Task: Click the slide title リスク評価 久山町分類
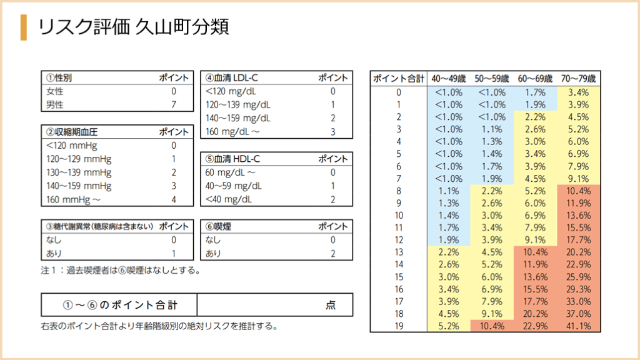click(132, 27)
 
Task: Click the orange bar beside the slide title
click(24, 27)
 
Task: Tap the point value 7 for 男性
click(174, 104)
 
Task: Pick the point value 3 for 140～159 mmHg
click(174, 186)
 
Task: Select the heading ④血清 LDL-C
click(232, 78)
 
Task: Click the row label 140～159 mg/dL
click(238, 118)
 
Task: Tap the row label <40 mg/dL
click(229, 200)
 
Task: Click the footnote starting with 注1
click(120, 271)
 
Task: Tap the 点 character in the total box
click(331, 305)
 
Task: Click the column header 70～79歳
click(579, 79)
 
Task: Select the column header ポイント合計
click(399, 79)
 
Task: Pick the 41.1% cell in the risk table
click(579, 326)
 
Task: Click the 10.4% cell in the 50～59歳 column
click(492, 326)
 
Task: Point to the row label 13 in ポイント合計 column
click(399, 252)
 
